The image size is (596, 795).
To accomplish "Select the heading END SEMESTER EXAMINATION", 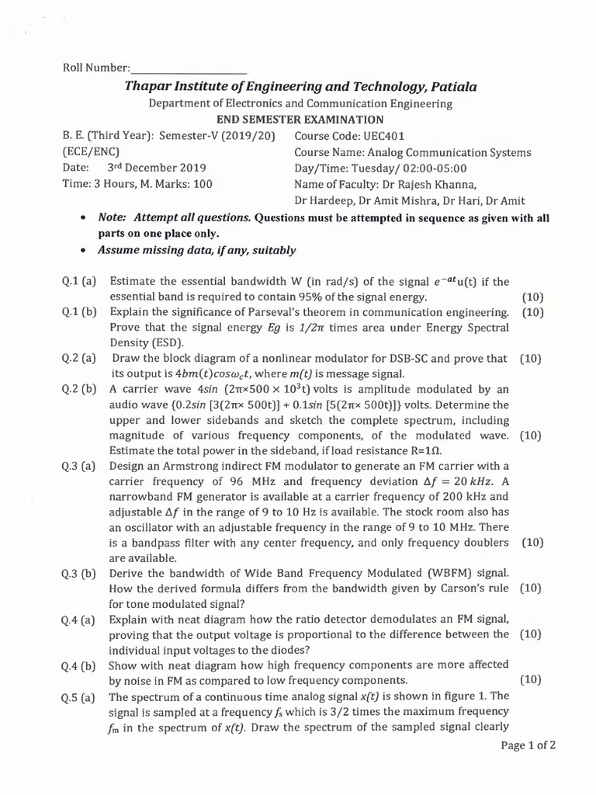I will [x=300, y=119].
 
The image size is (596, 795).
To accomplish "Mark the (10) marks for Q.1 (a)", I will [x=533, y=297].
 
